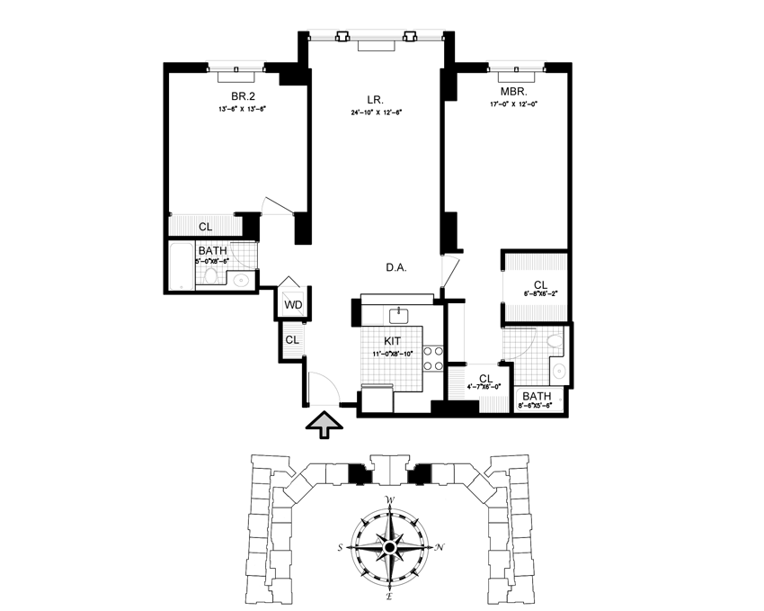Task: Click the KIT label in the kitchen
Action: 393,341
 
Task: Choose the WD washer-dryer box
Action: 293,304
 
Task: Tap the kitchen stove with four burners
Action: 432,358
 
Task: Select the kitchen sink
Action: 400,314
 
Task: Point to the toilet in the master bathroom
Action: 555,340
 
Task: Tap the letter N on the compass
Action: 439,546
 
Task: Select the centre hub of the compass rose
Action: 390,547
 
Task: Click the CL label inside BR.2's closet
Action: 206,227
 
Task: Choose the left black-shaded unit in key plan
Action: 359,473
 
